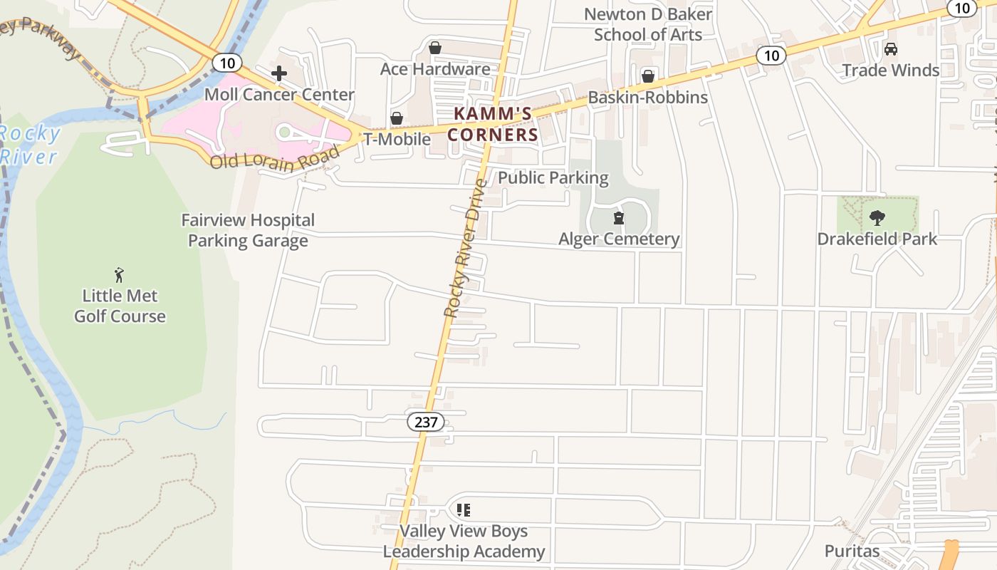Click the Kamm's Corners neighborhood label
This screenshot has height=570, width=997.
point(492,124)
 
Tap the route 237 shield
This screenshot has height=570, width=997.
point(426,422)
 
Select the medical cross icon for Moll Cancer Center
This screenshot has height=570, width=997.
point(279,73)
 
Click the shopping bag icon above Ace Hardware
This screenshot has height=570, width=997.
point(434,48)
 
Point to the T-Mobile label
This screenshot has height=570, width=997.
point(397,139)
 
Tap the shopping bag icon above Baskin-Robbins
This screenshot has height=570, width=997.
point(648,76)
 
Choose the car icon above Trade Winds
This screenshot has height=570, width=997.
point(890,49)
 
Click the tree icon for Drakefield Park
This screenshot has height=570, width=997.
point(877,218)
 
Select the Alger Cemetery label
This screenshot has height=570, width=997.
point(619,239)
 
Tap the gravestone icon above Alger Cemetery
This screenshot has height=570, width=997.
point(619,218)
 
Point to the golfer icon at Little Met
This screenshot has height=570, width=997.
point(119,274)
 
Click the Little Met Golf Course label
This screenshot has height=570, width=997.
point(120,306)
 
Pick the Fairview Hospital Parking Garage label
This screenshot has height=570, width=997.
point(248,230)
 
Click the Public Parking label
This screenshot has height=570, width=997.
point(553,177)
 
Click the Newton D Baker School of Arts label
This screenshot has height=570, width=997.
point(647,24)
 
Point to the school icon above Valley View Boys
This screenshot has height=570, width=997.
point(464,510)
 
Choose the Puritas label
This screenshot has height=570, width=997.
point(852,551)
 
